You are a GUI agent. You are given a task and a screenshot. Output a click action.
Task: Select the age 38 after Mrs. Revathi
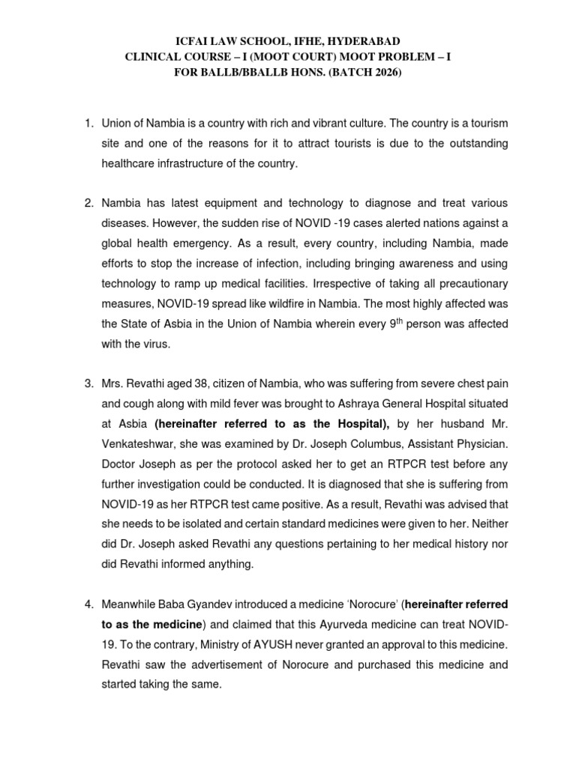tap(190, 384)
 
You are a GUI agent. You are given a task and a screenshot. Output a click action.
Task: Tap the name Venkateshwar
tap(137, 446)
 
